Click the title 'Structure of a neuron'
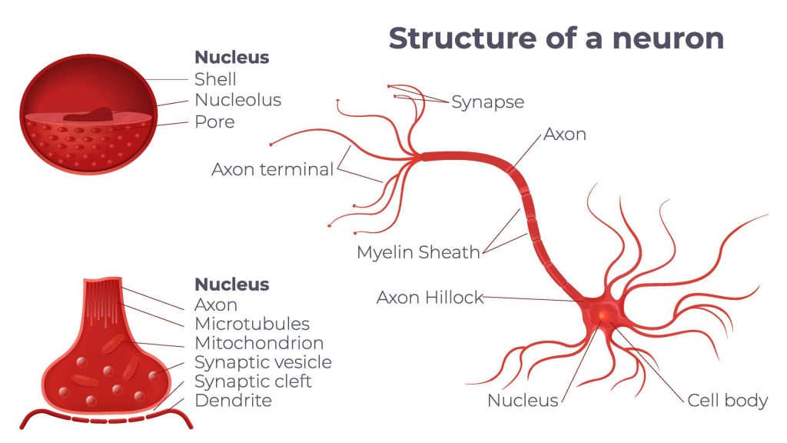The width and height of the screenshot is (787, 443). (x=556, y=38)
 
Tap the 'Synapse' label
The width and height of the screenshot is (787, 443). (x=487, y=102)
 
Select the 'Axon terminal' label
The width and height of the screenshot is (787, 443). (x=272, y=169)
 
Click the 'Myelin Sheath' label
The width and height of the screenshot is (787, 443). (x=418, y=252)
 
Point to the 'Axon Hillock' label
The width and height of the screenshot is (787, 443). (x=430, y=298)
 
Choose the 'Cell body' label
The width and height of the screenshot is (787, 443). (x=727, y=400)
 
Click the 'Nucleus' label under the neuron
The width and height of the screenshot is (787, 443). (x=523, y=400)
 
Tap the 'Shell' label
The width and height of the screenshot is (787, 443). (x=215, y=79)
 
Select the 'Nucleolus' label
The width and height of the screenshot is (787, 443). (x=237, y=100)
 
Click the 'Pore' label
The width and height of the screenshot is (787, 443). (x=214, y=122)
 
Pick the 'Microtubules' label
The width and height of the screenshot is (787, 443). (x=252, y=324)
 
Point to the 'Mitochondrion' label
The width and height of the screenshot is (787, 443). (x=259, y=343)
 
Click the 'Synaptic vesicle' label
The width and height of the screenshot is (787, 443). (x=263, y=362)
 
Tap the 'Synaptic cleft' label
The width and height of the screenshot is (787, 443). (x=253, y=381)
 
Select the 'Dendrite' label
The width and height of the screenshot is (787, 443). (x=233, y=401)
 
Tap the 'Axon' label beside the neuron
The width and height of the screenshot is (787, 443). (x=565, y=135)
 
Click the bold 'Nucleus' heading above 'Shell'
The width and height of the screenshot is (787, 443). (x=231, y=58)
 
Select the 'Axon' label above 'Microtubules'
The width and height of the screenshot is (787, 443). (x=216, y=305)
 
